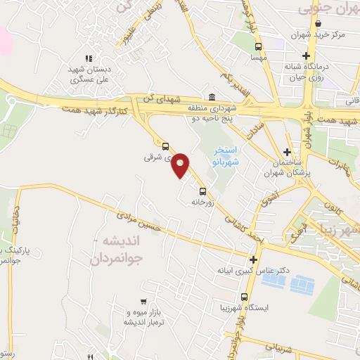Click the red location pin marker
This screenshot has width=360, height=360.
pos(181,165)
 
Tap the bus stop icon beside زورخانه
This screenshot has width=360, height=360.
pos(202,191)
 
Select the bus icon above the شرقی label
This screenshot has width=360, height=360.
pos(165,147)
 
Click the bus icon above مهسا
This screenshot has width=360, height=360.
pos(256,48)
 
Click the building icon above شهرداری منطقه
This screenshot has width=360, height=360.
pos(212,98)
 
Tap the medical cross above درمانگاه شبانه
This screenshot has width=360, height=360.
pos(306,56)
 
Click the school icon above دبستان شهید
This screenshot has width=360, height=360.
pos(88,59)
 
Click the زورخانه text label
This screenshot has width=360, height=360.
pos(202,202)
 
